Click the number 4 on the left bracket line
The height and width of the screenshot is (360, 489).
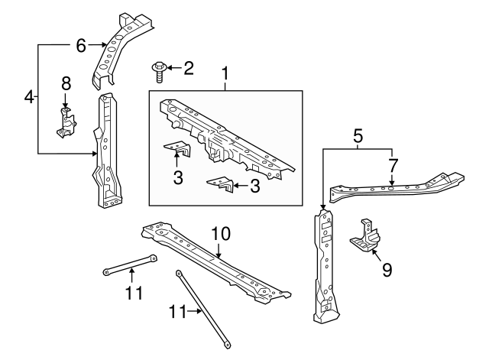28,98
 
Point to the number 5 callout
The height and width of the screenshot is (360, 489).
357,138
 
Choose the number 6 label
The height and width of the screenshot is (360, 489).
81,45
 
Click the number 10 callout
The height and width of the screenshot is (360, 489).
220,232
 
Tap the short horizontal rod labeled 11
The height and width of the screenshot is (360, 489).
130,264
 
